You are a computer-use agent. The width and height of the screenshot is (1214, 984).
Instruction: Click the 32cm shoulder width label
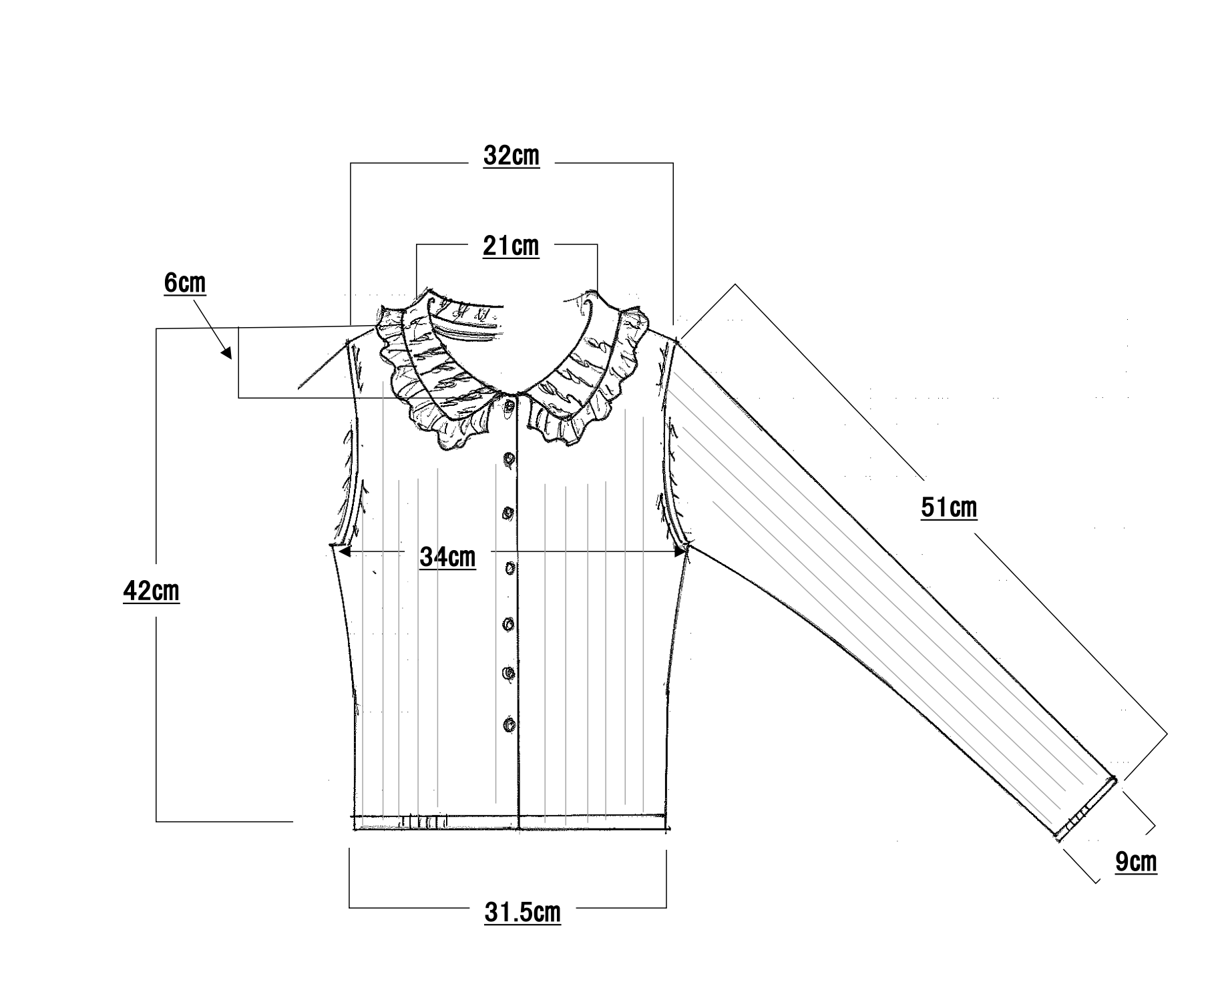511,156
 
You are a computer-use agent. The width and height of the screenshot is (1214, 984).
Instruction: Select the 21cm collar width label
511,246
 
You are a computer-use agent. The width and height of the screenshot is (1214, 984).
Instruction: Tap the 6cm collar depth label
185,284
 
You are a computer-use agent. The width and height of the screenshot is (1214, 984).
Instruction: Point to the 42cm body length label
152,591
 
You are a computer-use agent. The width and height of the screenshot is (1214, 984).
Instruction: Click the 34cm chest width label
447,557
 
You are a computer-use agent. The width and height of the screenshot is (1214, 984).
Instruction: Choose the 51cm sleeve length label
948,509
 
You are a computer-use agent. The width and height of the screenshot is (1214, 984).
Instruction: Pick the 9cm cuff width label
1135,862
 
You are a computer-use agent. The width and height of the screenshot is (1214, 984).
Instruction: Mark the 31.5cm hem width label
522,913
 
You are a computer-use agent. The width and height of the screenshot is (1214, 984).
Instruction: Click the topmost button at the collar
510,405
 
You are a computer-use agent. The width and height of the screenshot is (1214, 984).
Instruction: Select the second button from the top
510,459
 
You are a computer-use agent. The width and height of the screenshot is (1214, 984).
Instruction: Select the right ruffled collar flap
588,374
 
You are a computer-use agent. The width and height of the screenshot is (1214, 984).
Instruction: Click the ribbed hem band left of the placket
434,822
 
